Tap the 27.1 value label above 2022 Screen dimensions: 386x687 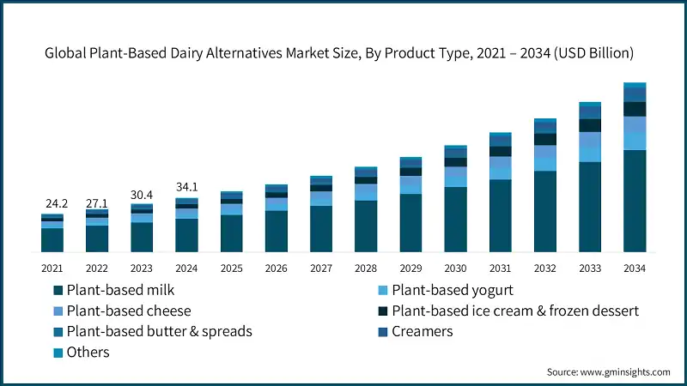(x=97, y=202)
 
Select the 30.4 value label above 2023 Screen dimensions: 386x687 (x=142, y=194)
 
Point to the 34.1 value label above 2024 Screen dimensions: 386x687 (x=186, y=186)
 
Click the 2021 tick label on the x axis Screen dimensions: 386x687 (x=52, y=268)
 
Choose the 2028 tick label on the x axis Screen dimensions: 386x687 (x=366, y=268)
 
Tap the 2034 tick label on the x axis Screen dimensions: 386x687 (x=635, y=268)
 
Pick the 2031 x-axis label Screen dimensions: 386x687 (x=501, y=268)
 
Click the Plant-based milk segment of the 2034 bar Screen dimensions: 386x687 (x=635, y=201)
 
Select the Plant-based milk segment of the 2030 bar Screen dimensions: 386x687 (x=455, y=220)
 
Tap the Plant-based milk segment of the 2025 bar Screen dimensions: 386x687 (x=231, y=233)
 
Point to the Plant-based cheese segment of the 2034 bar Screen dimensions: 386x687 (x=635, y=124)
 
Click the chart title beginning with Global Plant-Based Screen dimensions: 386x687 (x=339, y=53)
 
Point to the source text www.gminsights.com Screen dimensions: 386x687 (x=608, y=371)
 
